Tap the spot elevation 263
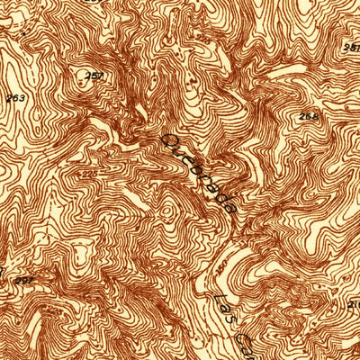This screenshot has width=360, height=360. pos(14,95)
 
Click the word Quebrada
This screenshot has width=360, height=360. pos(200,173)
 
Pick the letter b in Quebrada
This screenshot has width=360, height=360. pos(199,171)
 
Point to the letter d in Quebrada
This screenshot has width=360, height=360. pos(221,196)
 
